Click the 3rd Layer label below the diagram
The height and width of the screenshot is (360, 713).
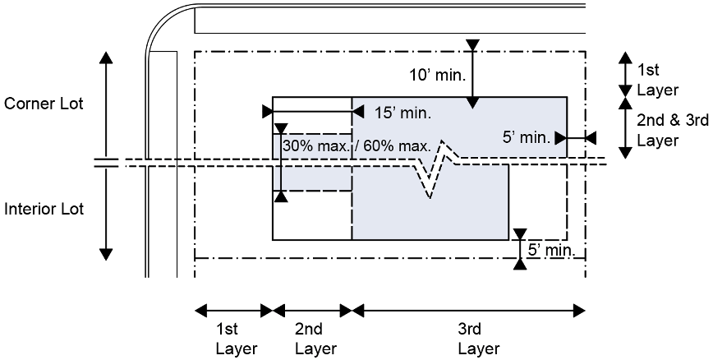[469, 338]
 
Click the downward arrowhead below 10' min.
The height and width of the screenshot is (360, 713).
[471, 102]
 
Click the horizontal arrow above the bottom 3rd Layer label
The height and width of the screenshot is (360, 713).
[469, 310]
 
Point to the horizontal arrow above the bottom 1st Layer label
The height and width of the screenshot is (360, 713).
[232, 310]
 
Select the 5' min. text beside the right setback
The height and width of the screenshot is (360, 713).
[527, 137]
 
